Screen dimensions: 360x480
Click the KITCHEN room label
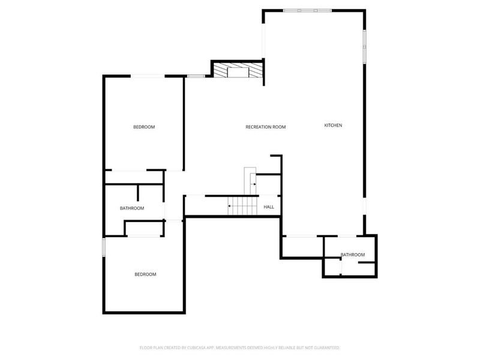[x=333, y=125]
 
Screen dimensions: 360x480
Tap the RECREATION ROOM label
[x=265, y=127]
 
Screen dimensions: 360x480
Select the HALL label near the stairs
[x=269, y=207]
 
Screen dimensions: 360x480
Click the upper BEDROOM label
[x=144, y=127]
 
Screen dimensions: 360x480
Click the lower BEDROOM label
[x=145, y=274]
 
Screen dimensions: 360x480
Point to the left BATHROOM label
[x=132, y=208]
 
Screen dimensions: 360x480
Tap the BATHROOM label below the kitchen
[x=353, y=255]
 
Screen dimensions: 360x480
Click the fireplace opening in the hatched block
[x=239, y=72]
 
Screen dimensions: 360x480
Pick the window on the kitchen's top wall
[x=306, y=10]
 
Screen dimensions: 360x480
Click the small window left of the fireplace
[x=196, y=76]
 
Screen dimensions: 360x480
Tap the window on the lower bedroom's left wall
[x=104, y=247]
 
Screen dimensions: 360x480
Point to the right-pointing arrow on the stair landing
[x=253, y=184]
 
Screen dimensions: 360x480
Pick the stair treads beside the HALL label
[x=242, y=207]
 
